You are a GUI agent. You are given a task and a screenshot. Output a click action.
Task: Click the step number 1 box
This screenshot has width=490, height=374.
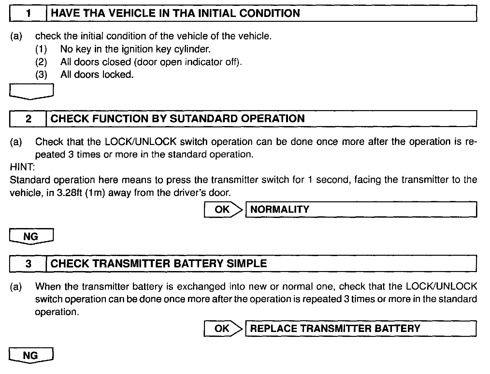pyautogui.click(x=28, y=14)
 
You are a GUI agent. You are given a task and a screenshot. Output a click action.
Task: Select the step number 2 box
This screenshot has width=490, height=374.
pyautogui.click(x=28, y=119)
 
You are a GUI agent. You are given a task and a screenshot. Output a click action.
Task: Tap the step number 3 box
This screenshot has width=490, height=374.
pyautogui.click(x=28, y=263)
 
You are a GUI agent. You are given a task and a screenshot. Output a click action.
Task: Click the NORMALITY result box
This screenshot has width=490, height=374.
pyautogui.click(x=361, y=209)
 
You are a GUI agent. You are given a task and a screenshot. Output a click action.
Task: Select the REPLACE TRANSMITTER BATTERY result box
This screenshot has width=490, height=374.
pyautogui.click(x=361, y=328)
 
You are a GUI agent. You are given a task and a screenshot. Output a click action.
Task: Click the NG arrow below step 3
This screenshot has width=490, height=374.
pyautogui.click(x=31, y=355)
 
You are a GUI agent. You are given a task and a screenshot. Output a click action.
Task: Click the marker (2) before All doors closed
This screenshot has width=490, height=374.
pyautogui.click(x=41, y=62)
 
